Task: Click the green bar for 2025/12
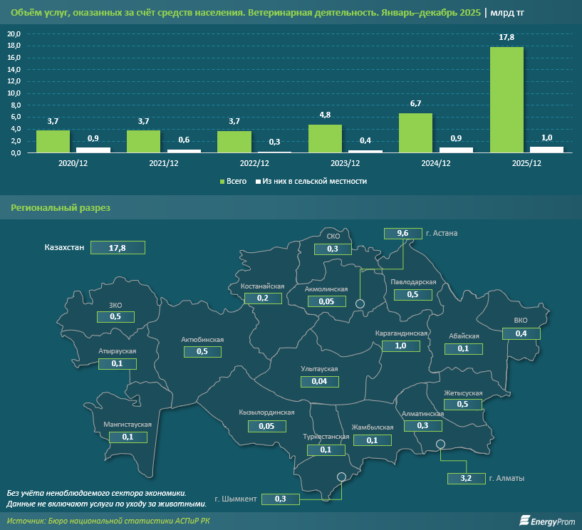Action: pyautogui.click(x=506, y=100)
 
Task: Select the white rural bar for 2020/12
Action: pyautogui.click(x=93, y=150)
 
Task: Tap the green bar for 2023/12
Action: pyautogui.click(x=325, y=138)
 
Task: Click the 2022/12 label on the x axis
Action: pyautogui.click(x=254, y=163)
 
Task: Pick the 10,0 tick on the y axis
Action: pyautogui.click(x=14, y=93)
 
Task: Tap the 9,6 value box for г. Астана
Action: pyautogui.click(x=402, y=233)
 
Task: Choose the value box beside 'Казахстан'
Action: pyautogui.click(x=118, y=248)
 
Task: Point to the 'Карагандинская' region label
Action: pyautogui.click(x=402, y=333)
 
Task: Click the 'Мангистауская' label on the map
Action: pyautogui.click(x=128, y=425)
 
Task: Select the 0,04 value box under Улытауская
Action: pyautogui.click(x=319, y=382)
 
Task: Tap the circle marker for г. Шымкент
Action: pyautogui.click(x=341, y=477)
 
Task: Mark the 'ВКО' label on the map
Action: pyautogui.click(x=521, y=321)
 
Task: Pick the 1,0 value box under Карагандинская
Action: pyautogui.click(x=400, y=345)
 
